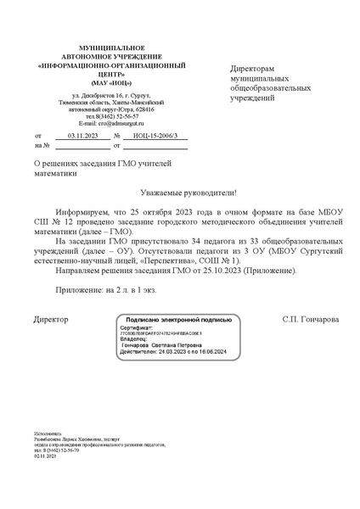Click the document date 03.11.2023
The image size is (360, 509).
(x=82, y=136)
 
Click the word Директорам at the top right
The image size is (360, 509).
(x=254, y=69)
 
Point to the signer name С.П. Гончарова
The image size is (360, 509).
(x=310, y=320)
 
